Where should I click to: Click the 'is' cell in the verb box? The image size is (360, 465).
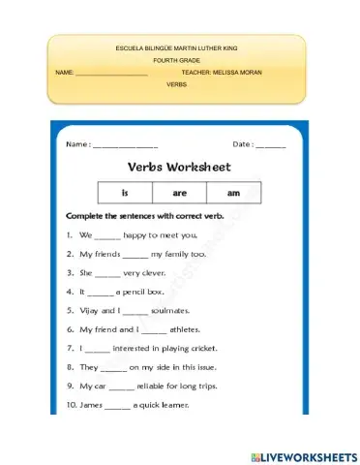[125, 193]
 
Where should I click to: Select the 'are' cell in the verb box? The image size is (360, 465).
[180, 193]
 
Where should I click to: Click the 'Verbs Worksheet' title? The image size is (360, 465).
[179, 167]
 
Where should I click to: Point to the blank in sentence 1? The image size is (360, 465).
[107, 235]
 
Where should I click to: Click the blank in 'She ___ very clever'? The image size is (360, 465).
[107, 273]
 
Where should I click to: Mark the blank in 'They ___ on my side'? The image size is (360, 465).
[113, 367]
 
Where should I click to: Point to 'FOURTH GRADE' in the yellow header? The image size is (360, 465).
[175, 60]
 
